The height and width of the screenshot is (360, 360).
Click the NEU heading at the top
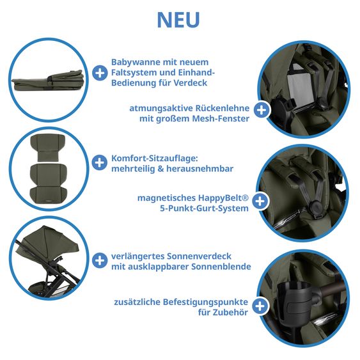click(x=178, y=20)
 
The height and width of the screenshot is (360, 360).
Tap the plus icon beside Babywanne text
click(x=100, y=73)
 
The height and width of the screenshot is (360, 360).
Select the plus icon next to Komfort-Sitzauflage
click(x=99, y=162)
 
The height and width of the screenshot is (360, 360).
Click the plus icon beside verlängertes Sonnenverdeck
click(x=100, y=260)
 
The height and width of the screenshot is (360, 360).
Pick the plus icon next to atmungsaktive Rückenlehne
click(x=262, y=110)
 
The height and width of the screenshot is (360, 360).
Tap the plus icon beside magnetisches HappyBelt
click(x=260, y=201)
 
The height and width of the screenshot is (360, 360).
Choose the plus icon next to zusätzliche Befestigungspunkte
click(x=260, y=306)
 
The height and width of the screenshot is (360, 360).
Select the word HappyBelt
click(x=223, y=198)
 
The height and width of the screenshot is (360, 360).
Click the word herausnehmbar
click(x=200, y=169)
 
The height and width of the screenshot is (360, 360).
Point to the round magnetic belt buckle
click(x=317, y=207)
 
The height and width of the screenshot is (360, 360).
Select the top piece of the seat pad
click(x=48, y=148)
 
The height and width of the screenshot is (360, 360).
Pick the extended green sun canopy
click(x=49, y=242)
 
